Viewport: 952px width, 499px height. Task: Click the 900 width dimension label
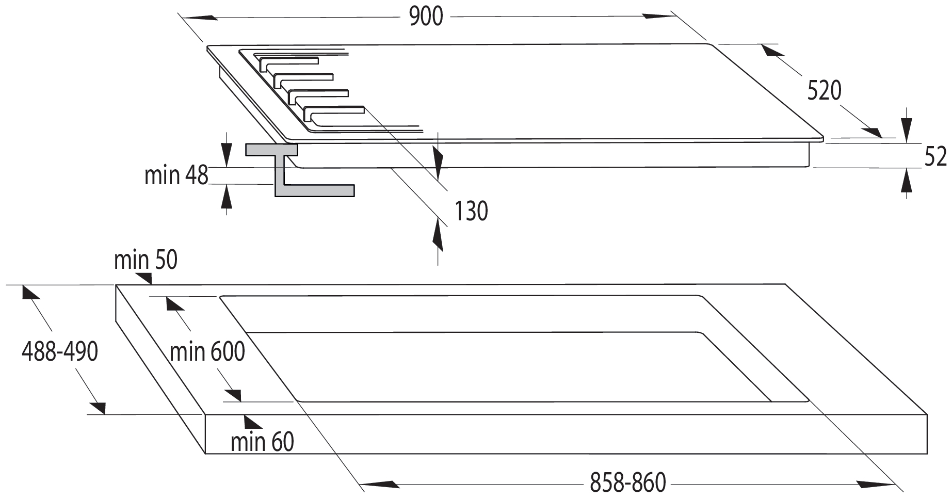pyautogui.click(x=426, y=17)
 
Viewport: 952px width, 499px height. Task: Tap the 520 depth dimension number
pyautogui.click(x=824, y=90)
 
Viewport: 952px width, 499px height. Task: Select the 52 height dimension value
pyautogui.click(x=935, y=156)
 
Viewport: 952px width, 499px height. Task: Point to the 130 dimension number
pyautogui.click(x=471, y=211)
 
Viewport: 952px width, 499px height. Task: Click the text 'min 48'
pyautogui.click(x=176, y=175)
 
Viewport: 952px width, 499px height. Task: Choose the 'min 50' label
pyautogui.click(x=146, y=260)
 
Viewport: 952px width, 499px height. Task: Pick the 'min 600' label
pyautogui.click(x=207, y=352)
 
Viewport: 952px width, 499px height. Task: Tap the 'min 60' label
pyautogui.click(x=262, y=442)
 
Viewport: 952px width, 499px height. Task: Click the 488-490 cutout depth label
pyautogui.click(x=60, y=352)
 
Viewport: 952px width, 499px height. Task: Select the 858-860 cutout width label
pyautogui.click(x=628, y=483)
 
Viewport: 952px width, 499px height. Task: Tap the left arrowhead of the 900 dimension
pyautogui.click(x=199, y=18)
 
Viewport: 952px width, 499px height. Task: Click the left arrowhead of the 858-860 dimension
pyautogui.click(x=379, y=485)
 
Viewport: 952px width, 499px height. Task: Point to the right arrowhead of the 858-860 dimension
pyautogui.click(x=876, y=485)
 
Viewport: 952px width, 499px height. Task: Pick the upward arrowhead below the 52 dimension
pyautogui.click(x=906, y=181)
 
